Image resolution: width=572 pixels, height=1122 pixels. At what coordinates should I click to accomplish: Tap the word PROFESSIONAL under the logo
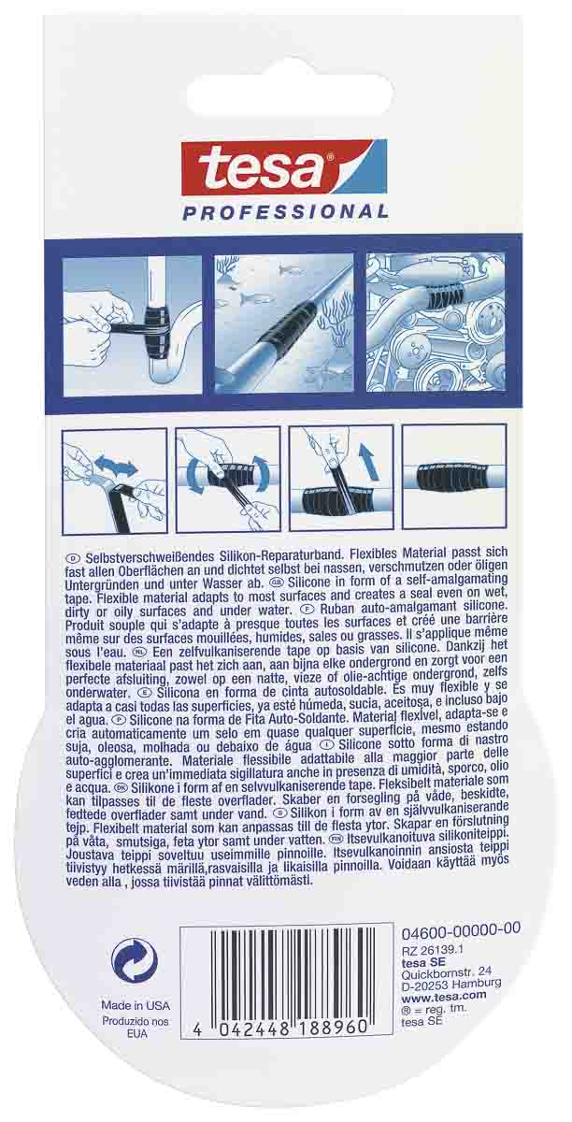point(285,212)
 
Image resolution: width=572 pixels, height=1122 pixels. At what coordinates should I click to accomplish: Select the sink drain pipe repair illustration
point(134,324)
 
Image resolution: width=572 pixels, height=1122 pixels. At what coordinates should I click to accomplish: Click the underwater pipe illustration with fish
point(284,323)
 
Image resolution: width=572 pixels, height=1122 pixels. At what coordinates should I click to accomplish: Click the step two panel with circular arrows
point(228,480)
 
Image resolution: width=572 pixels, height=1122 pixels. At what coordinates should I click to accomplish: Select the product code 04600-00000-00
point(461,930)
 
